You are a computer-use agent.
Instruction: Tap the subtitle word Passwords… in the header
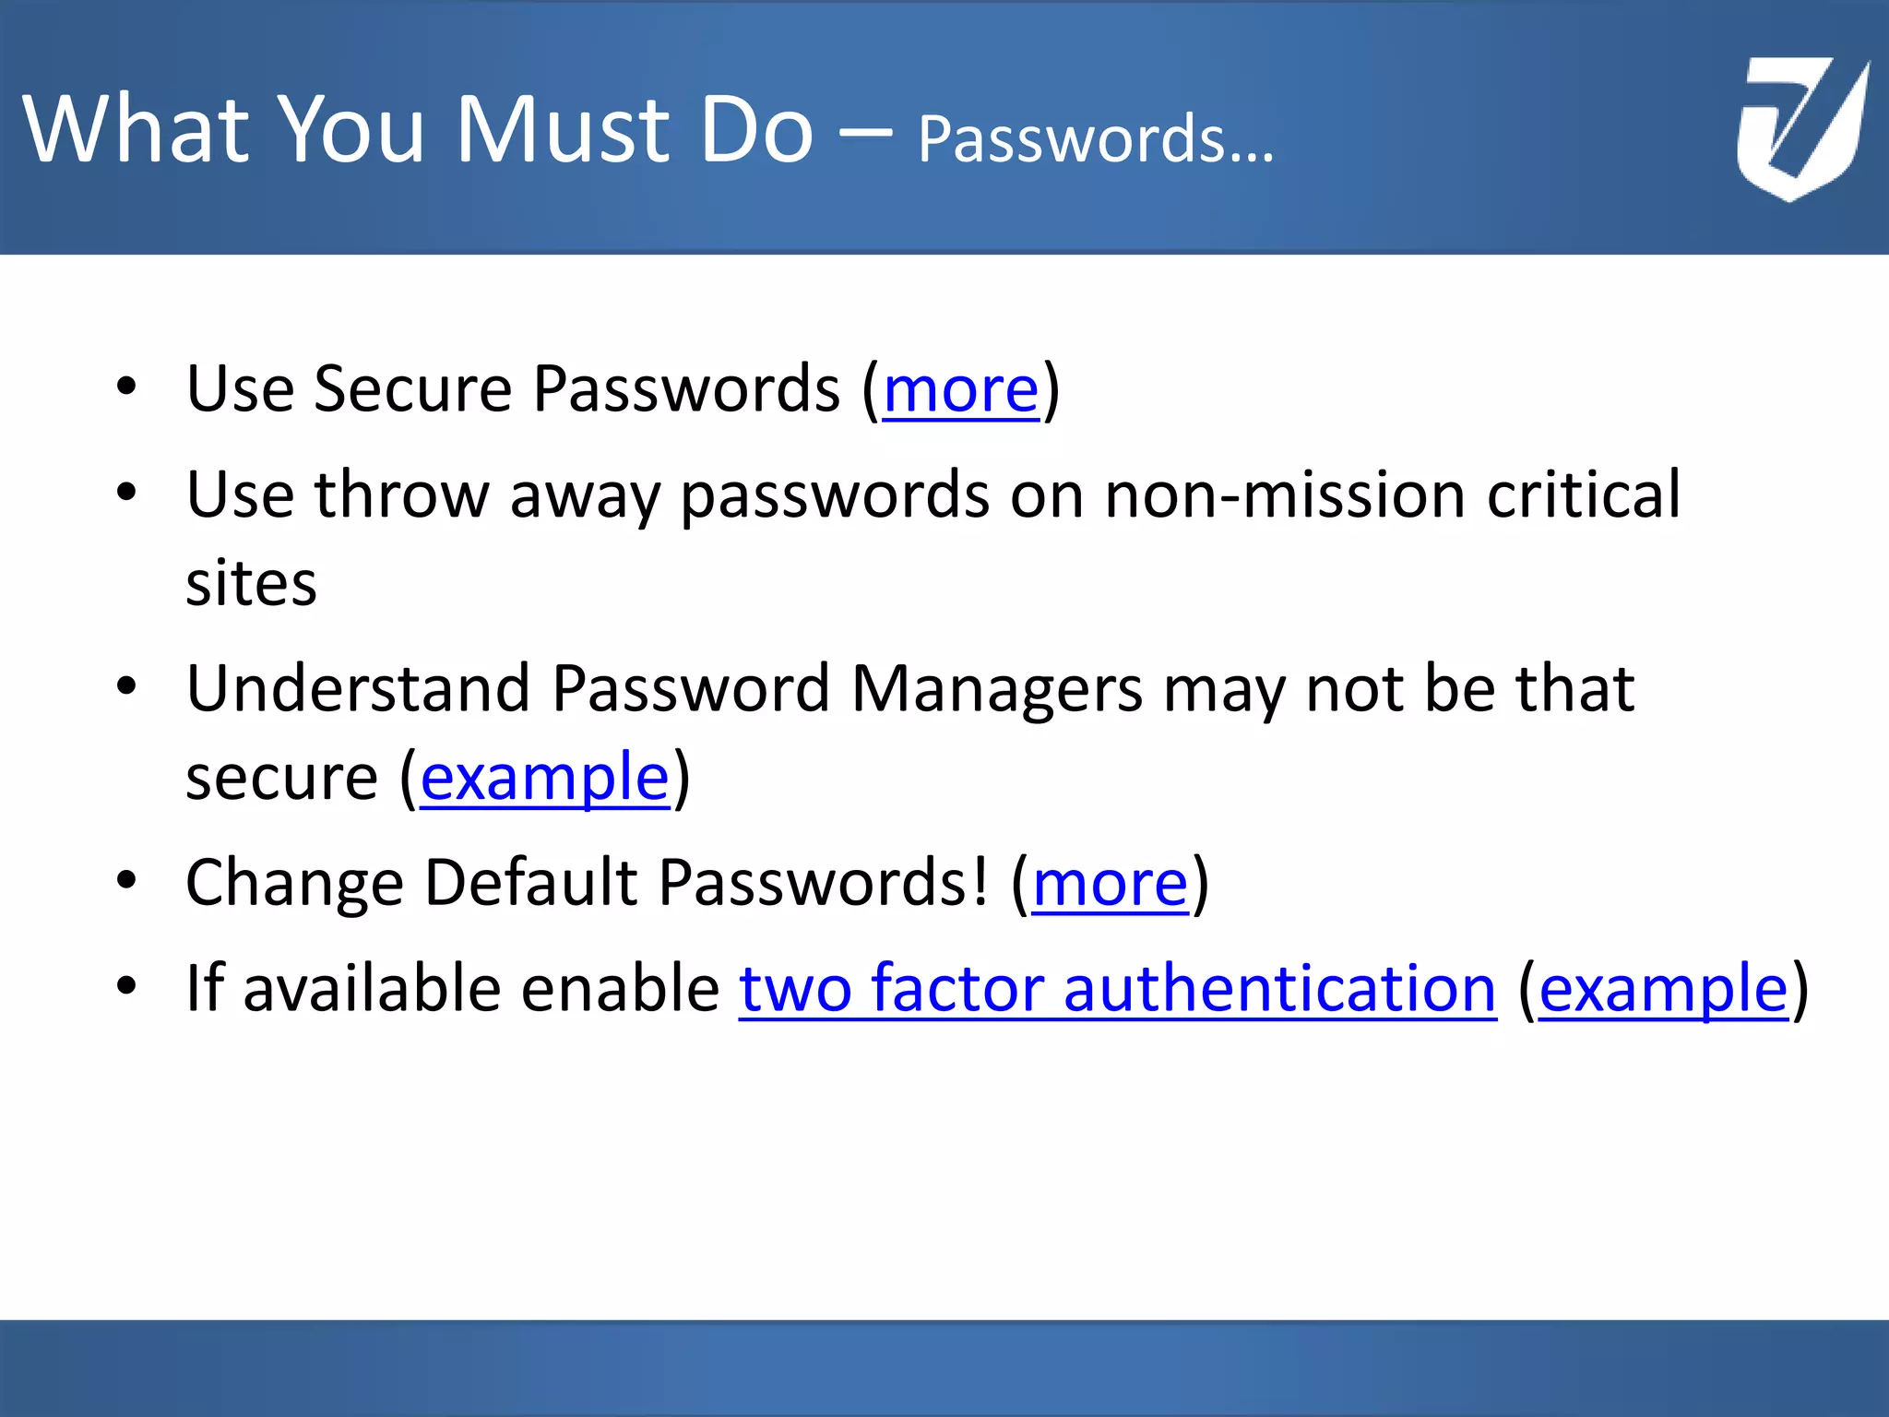[x=1095, y=140]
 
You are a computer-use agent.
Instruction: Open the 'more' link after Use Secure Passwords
[x=961, y=390]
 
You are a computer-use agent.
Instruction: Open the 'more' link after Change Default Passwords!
[x=1110, y=884]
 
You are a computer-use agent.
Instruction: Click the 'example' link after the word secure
[x=544, y=778]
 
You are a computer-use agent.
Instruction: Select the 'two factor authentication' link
[x=1117, y=989]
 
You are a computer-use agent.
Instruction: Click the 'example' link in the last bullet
[x=1663, y=989]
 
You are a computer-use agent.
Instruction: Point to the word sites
[x=251, y=584]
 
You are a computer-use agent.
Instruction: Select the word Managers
[x=997, y=689]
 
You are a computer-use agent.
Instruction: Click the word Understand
[x=358, y=689]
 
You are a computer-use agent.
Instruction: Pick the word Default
[x=530, y=884]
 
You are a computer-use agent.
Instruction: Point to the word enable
[x=620, y=989]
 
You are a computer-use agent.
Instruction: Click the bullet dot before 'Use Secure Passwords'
[x=126, y=387]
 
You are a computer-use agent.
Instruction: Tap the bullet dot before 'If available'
[x=126, y=985]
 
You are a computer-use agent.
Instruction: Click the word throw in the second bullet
[x=401, y=495]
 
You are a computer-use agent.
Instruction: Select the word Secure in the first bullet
[x=412, y=390]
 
